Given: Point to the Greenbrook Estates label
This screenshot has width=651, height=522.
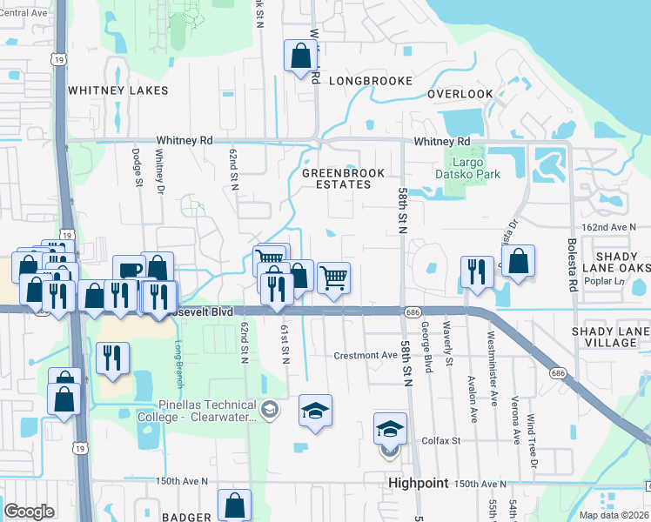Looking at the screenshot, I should [x=343, y=178].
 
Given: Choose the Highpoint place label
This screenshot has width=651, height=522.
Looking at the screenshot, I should [x=418, y=483].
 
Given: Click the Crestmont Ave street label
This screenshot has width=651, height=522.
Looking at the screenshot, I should [x=366, y=355].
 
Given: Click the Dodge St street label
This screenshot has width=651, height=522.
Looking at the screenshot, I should [x=137, y=165].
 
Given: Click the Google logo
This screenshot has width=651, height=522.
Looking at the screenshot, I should [x=29, y=512].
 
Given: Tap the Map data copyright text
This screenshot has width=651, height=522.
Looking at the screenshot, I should [x=614, y=515].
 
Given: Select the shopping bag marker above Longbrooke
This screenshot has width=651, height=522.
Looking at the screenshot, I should [x=299, y=57].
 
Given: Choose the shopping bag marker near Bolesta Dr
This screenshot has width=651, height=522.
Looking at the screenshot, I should [x=518, y=261].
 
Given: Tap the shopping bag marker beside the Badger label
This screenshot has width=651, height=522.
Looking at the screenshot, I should [x=234, y=505].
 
